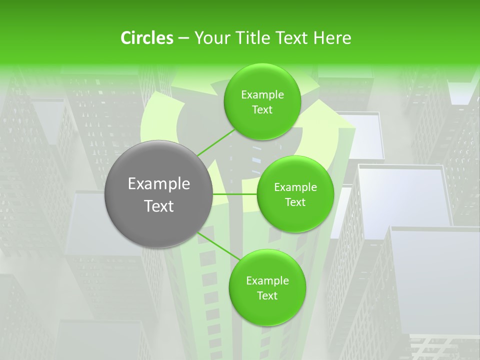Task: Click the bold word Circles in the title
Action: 146,38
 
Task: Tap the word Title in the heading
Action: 252,38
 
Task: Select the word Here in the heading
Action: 332,38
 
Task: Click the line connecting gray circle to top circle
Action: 216,142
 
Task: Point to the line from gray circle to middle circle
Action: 235,194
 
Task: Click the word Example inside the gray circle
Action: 159,184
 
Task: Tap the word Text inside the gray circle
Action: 159,206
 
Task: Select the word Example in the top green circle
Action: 262,95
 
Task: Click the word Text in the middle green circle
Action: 295,202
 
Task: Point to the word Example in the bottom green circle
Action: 267,281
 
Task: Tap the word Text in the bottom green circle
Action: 267,296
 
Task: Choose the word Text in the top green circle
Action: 262,110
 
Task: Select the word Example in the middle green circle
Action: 295,187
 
